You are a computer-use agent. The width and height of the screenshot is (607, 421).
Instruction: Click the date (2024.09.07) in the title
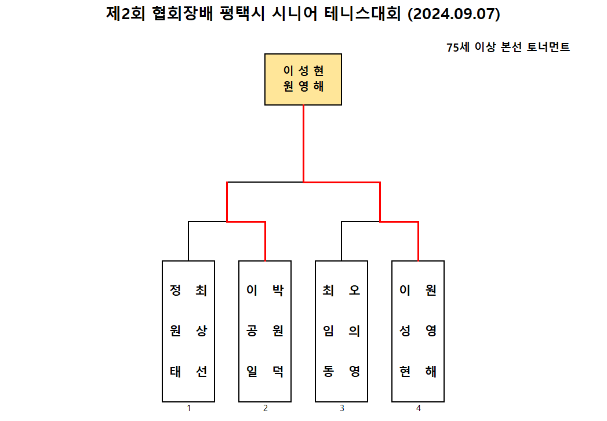click(454, 14)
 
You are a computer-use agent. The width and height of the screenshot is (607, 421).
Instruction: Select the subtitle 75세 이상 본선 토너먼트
click(508, 48)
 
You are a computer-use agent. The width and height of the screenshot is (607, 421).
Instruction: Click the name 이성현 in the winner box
click(303, 71)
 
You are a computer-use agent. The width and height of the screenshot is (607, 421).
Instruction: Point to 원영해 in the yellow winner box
click(303, 87)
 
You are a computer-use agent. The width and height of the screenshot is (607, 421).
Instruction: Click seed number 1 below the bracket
click(189, 408)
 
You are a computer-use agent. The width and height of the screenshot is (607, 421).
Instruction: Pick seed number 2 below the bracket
click(266, 408)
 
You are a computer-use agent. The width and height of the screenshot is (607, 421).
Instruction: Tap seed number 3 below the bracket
click(342, 408)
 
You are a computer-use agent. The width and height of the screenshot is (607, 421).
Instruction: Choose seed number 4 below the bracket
click(419, 408)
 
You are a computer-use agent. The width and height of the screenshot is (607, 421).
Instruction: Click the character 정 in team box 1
click(176, 290)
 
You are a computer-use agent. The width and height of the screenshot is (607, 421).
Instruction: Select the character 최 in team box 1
click(201, 290)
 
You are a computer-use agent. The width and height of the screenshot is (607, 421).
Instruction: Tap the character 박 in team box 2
click(278, 290)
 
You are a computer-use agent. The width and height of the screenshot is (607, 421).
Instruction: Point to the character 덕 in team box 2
click(278, 371)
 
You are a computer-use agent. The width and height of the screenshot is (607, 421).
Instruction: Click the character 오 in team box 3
click(354, 290)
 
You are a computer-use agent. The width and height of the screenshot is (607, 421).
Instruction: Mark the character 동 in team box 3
click(329, 371)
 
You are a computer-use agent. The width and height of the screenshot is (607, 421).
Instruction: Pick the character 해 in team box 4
click(431, 371)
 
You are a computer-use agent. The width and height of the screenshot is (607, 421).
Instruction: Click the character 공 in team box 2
click(252, 331)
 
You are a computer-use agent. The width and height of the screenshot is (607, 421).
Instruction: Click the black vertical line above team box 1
click(189, 241)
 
